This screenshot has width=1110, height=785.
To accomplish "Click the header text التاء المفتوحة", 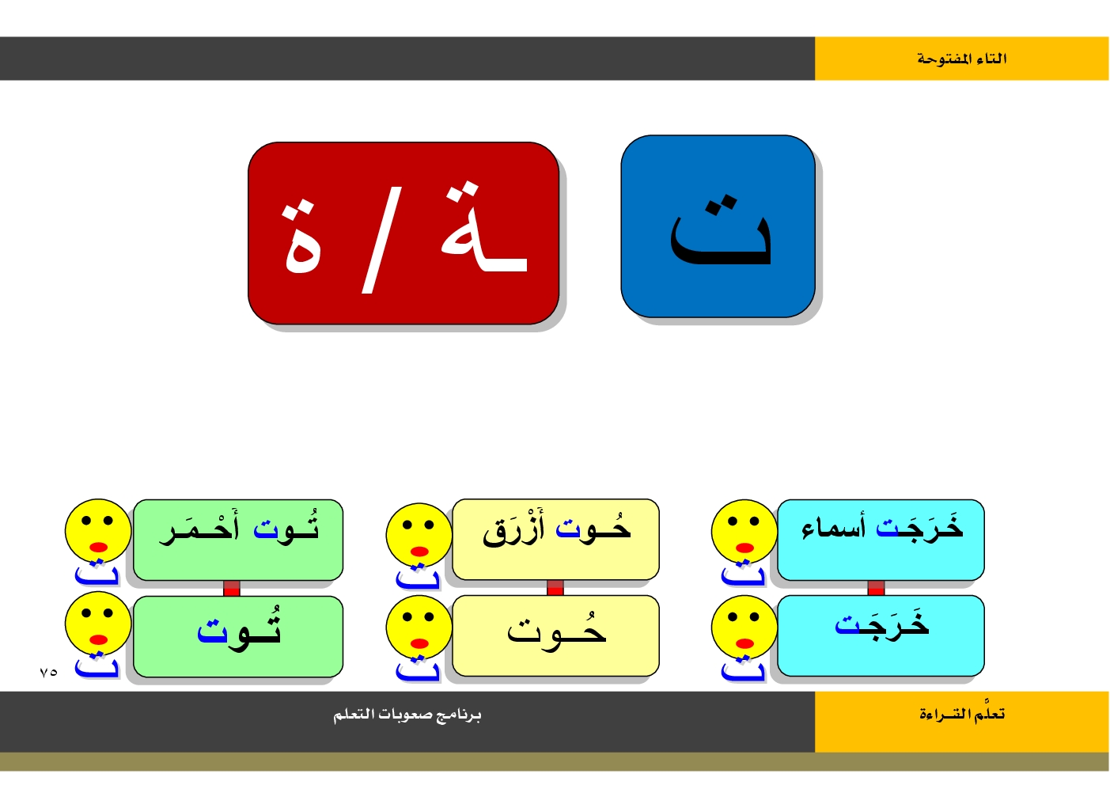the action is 961,59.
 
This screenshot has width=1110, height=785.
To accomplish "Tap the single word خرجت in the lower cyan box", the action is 882,625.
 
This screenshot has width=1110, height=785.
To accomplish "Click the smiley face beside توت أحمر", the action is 98,532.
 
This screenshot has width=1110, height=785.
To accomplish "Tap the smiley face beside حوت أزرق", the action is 419,535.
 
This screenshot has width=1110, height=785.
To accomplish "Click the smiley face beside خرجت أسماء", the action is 744,532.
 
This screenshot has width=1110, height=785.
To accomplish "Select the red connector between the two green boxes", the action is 232,588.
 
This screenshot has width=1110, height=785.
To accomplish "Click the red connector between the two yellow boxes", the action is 555,588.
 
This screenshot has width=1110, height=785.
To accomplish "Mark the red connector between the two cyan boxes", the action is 876,588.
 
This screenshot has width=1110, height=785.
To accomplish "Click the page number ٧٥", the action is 48,673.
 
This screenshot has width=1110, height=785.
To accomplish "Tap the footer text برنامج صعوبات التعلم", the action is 407,715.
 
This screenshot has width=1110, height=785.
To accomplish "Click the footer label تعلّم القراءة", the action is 962,714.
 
